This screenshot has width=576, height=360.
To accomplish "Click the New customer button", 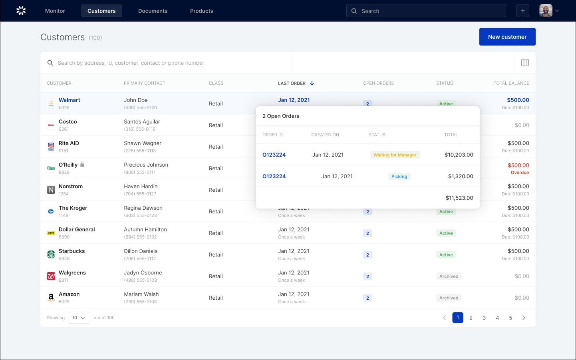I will tap(507, 37).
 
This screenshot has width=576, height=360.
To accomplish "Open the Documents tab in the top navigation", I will tap(153, 11).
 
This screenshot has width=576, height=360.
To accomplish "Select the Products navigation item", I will tap(201, 11).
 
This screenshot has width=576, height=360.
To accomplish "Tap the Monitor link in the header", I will tap(55, 11).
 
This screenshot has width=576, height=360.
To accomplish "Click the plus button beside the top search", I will tap(522, 11).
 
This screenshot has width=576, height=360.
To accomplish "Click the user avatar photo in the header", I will tap(546, 11).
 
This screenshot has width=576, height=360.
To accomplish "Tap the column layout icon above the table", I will tap(525, 63).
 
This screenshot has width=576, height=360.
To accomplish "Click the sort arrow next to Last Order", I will tap(312, 83).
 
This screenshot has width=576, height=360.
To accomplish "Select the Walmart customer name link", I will tap(70, 100).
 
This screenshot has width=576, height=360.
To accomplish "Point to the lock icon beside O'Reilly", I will tap(82, 164).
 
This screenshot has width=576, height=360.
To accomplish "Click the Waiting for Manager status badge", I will tap(395, 155).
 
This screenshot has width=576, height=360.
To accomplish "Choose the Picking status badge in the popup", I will tap(399, 177).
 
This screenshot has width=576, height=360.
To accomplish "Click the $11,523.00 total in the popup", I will tap(459, 198).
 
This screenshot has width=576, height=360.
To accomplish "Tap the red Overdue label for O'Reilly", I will tap(520, 173).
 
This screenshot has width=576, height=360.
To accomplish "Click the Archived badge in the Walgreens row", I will tap(449, 276).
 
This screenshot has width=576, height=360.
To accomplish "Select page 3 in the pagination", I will tap(484, 318).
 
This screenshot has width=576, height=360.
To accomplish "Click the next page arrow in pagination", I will tap(524, 318).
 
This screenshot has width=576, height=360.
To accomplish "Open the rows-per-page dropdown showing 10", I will tap(79, 318).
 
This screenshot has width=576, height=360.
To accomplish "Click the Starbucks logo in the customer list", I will tap(51, 255).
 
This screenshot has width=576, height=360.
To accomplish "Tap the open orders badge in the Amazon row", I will tap(367, 298).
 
